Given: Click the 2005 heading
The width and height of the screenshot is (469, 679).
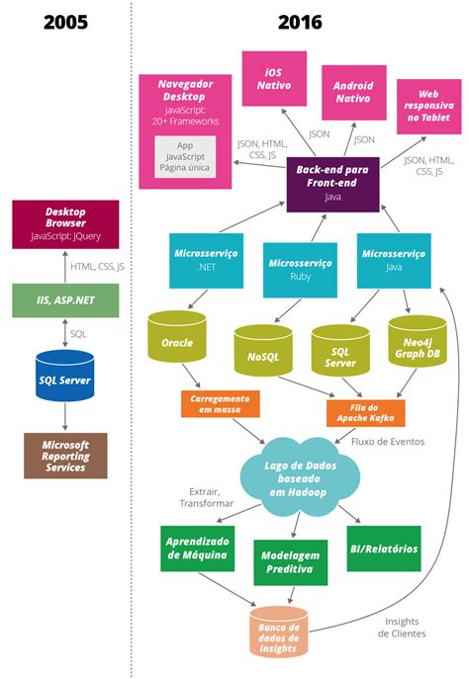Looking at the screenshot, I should tap(65, 22).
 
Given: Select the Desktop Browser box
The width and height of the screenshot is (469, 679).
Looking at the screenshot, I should tap(65, 223).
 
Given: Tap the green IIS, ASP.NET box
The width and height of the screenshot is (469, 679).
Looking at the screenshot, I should tap(65, 298).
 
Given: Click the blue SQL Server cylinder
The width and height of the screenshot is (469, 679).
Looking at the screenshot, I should tap(65, 377).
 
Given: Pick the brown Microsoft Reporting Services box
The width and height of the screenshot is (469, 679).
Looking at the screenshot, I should tap(65, 455).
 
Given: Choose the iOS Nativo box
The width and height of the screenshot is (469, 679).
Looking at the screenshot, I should tap(274, 80).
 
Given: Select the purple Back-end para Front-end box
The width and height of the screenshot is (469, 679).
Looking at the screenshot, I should tap(332, 183).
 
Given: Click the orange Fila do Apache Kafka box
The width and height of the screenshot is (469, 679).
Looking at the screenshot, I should tap(366, 411).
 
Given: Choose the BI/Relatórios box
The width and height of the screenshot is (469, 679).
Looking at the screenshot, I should tap(384, 548).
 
